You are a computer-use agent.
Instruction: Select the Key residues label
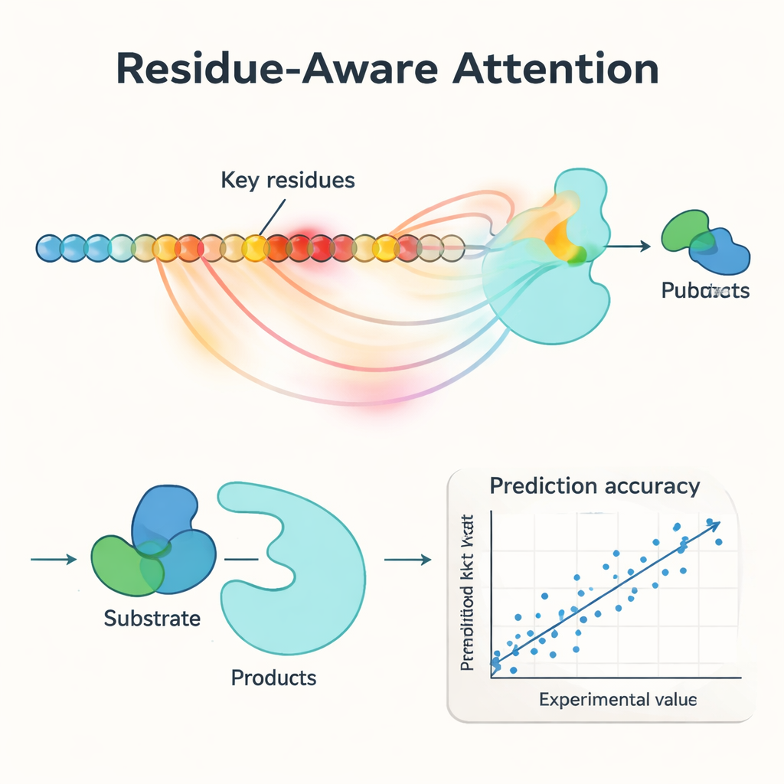tap(288, 181)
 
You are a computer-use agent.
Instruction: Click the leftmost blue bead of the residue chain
tap(49, 247)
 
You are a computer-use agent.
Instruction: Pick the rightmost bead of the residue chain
tap(452, 247)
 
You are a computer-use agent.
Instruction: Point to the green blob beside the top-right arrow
tap(684, 230)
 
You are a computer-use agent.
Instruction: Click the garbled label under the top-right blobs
tap(705, 291)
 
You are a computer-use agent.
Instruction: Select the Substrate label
tap(152, 617)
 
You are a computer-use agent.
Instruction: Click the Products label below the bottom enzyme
tap(273, 677)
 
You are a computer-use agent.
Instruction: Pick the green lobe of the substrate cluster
tap(122, 565)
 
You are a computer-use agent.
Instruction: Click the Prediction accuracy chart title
tap(594, 485)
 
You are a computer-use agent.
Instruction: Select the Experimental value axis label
tap(618, 699)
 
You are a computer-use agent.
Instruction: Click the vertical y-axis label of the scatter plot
tap(469, 593)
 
